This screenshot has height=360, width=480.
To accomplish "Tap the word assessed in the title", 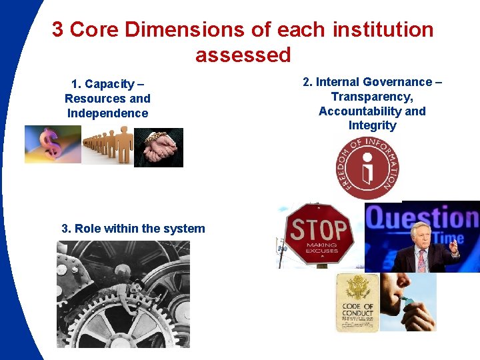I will pyautogui.click(x=243, y=55).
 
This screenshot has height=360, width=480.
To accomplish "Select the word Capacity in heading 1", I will pyautogui.click(x=110, y=84).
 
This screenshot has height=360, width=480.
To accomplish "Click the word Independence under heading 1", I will pyautogui.click(x=107, y=113).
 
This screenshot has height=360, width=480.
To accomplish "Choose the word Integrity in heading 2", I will pyautogui.click(x=372, y=125).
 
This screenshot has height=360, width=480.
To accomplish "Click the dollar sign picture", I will pyautogui.click(x=52, y=144).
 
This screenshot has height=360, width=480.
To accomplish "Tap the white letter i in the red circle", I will pyautogui.click(x=368, y=169).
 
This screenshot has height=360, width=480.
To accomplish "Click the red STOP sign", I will pyautogui.click(x=319, y=233).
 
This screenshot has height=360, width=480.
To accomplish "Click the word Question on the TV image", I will pyautogui.click(x=423, y=219).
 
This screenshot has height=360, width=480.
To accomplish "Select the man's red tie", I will pyautogui.click(x=421, y=261).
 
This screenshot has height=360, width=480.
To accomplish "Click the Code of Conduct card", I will pyautogui.click(x=357, y=303).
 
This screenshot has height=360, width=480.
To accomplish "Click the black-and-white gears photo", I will pyautogui.click(x=123, y=294).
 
